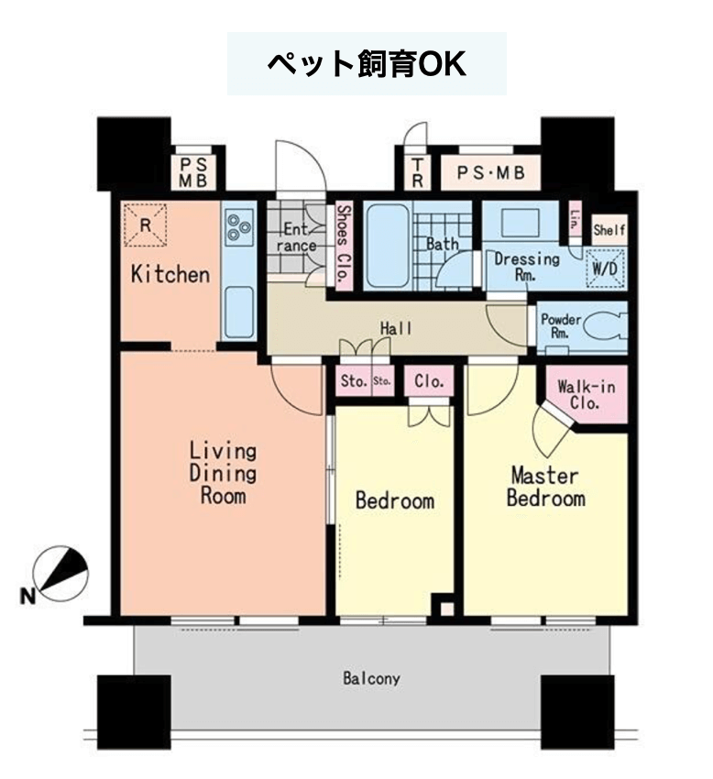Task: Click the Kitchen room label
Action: pos(170,275)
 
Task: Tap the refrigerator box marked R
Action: pos(145,225)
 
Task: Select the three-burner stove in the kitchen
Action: pos(239,227)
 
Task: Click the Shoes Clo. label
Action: pos(344,245)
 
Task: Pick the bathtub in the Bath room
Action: pos(388,246)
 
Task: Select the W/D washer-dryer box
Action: pos(605,269)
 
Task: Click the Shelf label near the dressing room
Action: pos(609,230)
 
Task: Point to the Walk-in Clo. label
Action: pos(586,394)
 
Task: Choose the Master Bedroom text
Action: pos(545,487)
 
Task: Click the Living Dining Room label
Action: pos(223,474)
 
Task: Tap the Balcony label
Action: pos(371,678)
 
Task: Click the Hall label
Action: pos(396,328)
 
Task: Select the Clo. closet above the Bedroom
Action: pos(429,381)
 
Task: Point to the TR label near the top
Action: pos(417,173)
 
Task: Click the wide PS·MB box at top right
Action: pos(490,173)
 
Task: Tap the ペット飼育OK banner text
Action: pos(367,63)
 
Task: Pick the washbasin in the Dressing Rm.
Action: pos(520,223)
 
